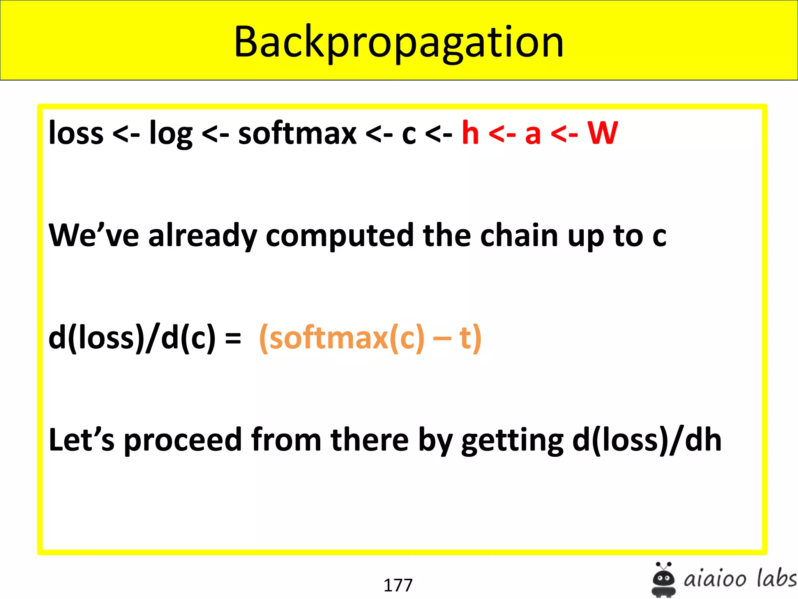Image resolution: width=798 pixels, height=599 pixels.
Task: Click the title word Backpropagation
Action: click(x=399, y=42)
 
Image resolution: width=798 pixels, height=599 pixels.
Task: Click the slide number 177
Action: click(x=398, y=585)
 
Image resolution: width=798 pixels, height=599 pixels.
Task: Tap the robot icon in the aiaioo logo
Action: click(x=663, y=580)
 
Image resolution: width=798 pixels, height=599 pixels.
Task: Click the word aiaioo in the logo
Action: click(x=715, y=579)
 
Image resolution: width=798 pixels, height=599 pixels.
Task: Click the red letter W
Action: click(x=602, y=133)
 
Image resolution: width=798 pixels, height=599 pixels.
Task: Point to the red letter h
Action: click(x=470, y=133)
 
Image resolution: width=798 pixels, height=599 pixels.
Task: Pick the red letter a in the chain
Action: click(x=533, y=135)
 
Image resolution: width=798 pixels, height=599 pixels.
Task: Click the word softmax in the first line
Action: click(x=297, y=133)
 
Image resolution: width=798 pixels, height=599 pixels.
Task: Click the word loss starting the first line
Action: click(x=76, y=133)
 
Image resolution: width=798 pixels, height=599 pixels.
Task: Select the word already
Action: click(x=202, y=236)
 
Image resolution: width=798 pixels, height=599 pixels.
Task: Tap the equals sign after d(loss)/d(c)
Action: click(x=233, y=338)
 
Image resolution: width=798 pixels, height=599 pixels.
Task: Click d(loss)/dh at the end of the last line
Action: click(x=647, y=440)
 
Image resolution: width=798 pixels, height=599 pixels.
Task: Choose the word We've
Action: click(x=94, y=236)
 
